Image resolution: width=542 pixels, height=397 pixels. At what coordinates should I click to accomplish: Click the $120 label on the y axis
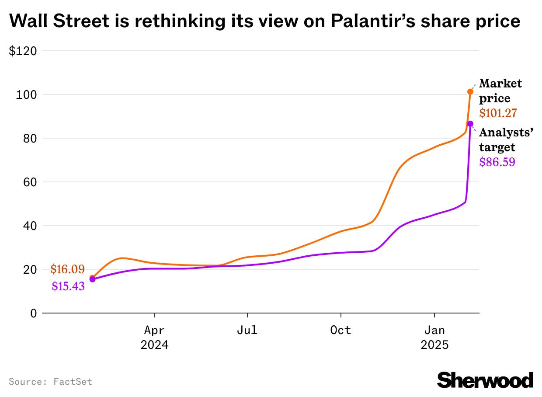(23, 51)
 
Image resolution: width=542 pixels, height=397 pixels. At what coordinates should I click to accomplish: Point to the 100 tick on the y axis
(26, 94)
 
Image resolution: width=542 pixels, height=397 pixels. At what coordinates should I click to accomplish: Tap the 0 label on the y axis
(33, 313)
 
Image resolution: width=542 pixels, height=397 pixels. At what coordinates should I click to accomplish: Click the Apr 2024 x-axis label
(154, 337)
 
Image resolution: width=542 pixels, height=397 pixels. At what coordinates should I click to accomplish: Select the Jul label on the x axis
(247, 330)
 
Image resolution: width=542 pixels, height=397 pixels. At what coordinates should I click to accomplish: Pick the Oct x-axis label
(340, 330)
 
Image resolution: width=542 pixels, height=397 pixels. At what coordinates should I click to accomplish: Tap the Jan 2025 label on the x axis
(434, 337)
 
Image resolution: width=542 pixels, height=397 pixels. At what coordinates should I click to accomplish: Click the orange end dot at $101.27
(470, 92)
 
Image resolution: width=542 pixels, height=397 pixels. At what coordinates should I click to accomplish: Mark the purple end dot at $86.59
(470, 124)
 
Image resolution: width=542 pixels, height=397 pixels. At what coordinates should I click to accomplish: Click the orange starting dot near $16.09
(92, 278)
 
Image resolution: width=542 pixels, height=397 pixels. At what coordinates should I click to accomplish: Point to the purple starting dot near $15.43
(92, 279)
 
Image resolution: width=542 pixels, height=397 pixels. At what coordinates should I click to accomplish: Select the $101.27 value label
(498, 113)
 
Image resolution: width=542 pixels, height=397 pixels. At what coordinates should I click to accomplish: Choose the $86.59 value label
(497, 162)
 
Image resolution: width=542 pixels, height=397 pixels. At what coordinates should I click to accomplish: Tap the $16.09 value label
(67, 269)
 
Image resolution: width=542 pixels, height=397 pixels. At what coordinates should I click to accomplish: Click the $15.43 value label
(68, 286)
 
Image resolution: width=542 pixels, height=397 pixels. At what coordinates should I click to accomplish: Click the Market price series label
(500, 91)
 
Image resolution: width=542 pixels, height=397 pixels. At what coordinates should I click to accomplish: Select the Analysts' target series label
(506, 140)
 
